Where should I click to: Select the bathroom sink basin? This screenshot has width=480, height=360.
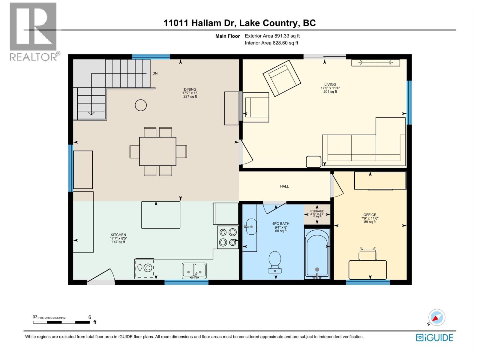click(251, 226)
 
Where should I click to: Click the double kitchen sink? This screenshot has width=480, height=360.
click(194, 270)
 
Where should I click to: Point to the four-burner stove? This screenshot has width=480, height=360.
click(228, 237)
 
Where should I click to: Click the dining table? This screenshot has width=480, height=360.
click(157, 151)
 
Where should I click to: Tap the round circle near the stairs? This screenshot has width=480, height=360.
click(141, 105)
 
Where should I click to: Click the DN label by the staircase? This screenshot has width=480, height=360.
click(155, 73)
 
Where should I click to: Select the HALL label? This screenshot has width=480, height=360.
click(284, 186)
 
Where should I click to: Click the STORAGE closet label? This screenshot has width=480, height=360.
click(317, 211)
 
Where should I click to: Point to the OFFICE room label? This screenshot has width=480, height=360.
click(370, 215)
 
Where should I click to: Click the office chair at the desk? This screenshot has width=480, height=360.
click(367, 255)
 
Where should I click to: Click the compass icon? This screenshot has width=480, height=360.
click(436, 317)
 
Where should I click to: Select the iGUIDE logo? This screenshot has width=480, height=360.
click(434, 337)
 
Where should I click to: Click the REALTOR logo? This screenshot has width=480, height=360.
click(33, 31)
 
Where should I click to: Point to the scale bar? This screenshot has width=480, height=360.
click(61, 322)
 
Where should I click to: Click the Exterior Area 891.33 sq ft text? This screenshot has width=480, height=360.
click(272, 36)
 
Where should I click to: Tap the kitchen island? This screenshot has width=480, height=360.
click(161, 215)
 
